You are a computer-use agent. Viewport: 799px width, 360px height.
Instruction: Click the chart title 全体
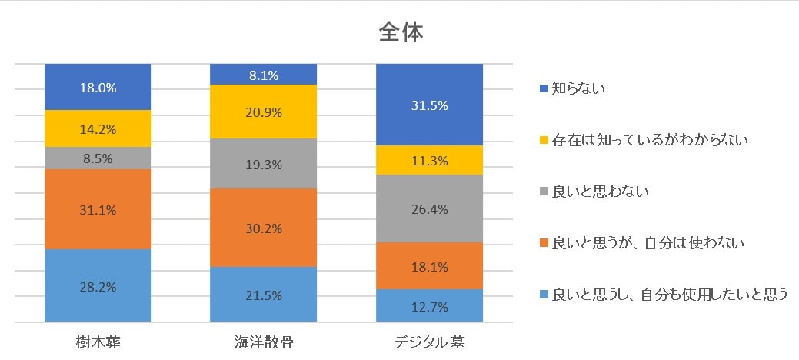click(x=401, y=32)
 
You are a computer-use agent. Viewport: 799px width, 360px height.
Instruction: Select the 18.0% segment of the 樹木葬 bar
click(x=98, y=88)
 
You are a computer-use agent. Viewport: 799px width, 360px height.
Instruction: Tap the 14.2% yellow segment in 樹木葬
click(x=98, y=128)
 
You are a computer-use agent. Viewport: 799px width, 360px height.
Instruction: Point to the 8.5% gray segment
click(x=98, y=158)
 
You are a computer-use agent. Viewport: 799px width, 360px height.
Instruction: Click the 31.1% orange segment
click(x=98, y=209)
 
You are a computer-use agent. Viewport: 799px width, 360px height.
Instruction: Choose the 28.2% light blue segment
click(x=98, y=286)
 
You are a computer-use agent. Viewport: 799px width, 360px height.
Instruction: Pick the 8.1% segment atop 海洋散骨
click(x=264, y=75)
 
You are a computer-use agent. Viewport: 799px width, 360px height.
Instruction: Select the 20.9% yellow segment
click(x=264, y=112)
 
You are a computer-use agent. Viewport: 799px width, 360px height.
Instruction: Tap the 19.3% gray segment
click(x=264, y=164)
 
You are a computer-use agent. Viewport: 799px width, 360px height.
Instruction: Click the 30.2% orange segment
click(x=264, y=228)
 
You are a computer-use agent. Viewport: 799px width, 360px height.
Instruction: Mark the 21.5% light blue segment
click(x=264, y=295)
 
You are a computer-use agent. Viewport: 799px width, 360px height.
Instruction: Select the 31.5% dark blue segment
click(x=429, y=105)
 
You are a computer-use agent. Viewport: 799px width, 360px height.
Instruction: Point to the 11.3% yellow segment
click(x=429, y=160)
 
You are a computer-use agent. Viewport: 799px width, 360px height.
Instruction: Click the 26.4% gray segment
click(x=429, y=208)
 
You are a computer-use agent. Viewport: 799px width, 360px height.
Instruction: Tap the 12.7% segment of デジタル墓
click(x=429, y=305)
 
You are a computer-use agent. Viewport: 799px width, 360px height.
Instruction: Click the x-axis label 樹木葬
click(x=98, y=342)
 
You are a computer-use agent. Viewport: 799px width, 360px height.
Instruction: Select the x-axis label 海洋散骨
click(x=264, y=342)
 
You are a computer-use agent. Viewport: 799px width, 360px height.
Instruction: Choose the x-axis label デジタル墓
click(x=429, y=342)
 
